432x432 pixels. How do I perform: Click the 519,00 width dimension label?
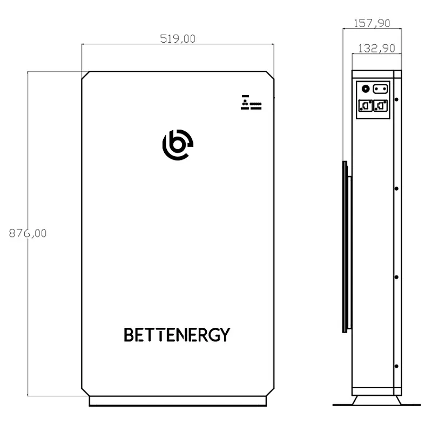pyautogui.click(x=178, y=39)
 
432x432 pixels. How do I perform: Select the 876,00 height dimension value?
pyautogui.click(x=28, y=233)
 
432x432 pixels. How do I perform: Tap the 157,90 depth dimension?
pyautogui.click(x=372, y=23)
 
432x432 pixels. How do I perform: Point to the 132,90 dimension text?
pyautogui.click(x=376, y=48)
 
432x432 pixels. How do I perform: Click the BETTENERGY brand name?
pyautogui.click(x=177, y=335)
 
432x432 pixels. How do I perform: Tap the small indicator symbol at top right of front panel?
pyautogui.click(x=251, y=103)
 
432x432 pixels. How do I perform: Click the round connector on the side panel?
pyautogui.click(x=365, y=89)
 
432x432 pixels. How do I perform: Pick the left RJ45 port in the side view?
pyautogui.click(x=365, y=106)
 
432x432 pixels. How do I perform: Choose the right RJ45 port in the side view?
pyautogui.click(x=381, y=106)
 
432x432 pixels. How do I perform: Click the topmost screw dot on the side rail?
pyautogui.click(x=397, y=100)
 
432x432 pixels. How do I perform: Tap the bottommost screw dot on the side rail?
pyautogui.click(x=397, y=366)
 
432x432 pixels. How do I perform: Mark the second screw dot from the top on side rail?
pyautogui.click(x=397, y=188)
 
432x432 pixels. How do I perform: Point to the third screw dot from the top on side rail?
pyautogui.click(x=397, y=277)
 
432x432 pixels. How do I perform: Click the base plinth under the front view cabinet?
pyautogui.click(x=178, y=401)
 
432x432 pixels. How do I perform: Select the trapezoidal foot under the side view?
pyautogui.click(x=376, y=400)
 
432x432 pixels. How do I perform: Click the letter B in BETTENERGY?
pyautogui.click(x=129, y=335)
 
